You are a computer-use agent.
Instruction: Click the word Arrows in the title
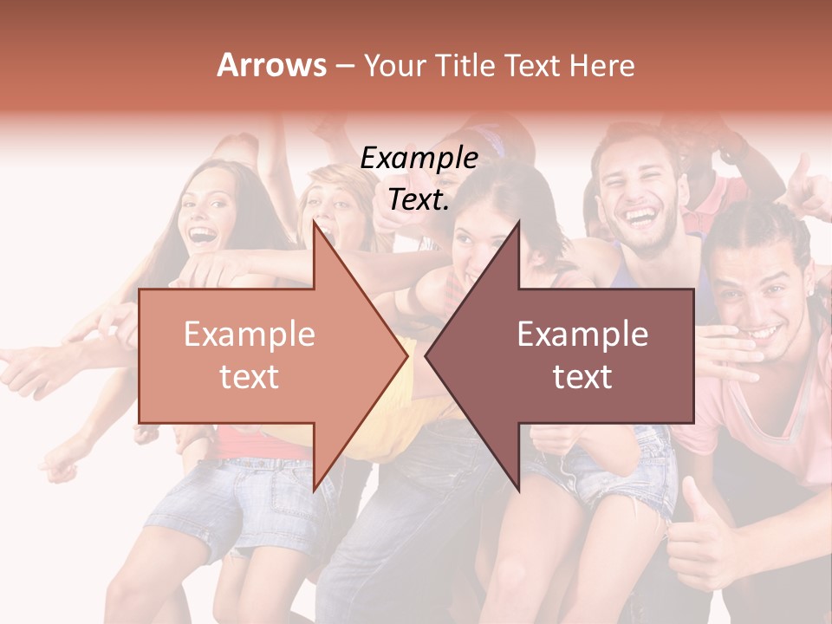272,65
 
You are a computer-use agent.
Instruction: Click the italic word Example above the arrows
419,159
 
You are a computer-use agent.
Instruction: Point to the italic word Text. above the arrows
419,199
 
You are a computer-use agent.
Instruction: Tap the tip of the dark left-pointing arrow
427,355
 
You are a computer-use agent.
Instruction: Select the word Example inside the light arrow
250,335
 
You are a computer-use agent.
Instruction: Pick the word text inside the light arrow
250,376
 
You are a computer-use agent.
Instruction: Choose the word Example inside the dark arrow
582,335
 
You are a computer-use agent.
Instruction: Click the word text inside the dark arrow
582,376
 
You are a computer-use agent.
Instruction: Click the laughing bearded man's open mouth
641,214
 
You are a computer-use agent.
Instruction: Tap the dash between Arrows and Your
344,66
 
